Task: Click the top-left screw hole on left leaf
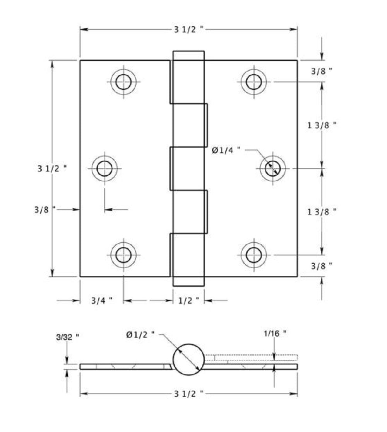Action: coord(123,82)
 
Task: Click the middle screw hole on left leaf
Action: coord(105,168)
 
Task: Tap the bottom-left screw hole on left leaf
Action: coord(123,255)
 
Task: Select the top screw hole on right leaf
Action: coord(253,82)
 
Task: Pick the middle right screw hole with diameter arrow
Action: coord(272,168)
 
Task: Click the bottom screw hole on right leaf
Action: coord(253,255)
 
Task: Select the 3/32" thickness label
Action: coord(67,337)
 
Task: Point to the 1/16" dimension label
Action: coord(275,333)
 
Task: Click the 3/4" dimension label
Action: coord(102,301)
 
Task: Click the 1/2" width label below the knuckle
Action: coord(188,301)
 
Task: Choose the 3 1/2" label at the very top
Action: coord(188,30)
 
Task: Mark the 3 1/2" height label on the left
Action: coord(52,168)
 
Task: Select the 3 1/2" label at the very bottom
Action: coord(188,394)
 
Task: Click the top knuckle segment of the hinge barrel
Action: coord(188,77)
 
